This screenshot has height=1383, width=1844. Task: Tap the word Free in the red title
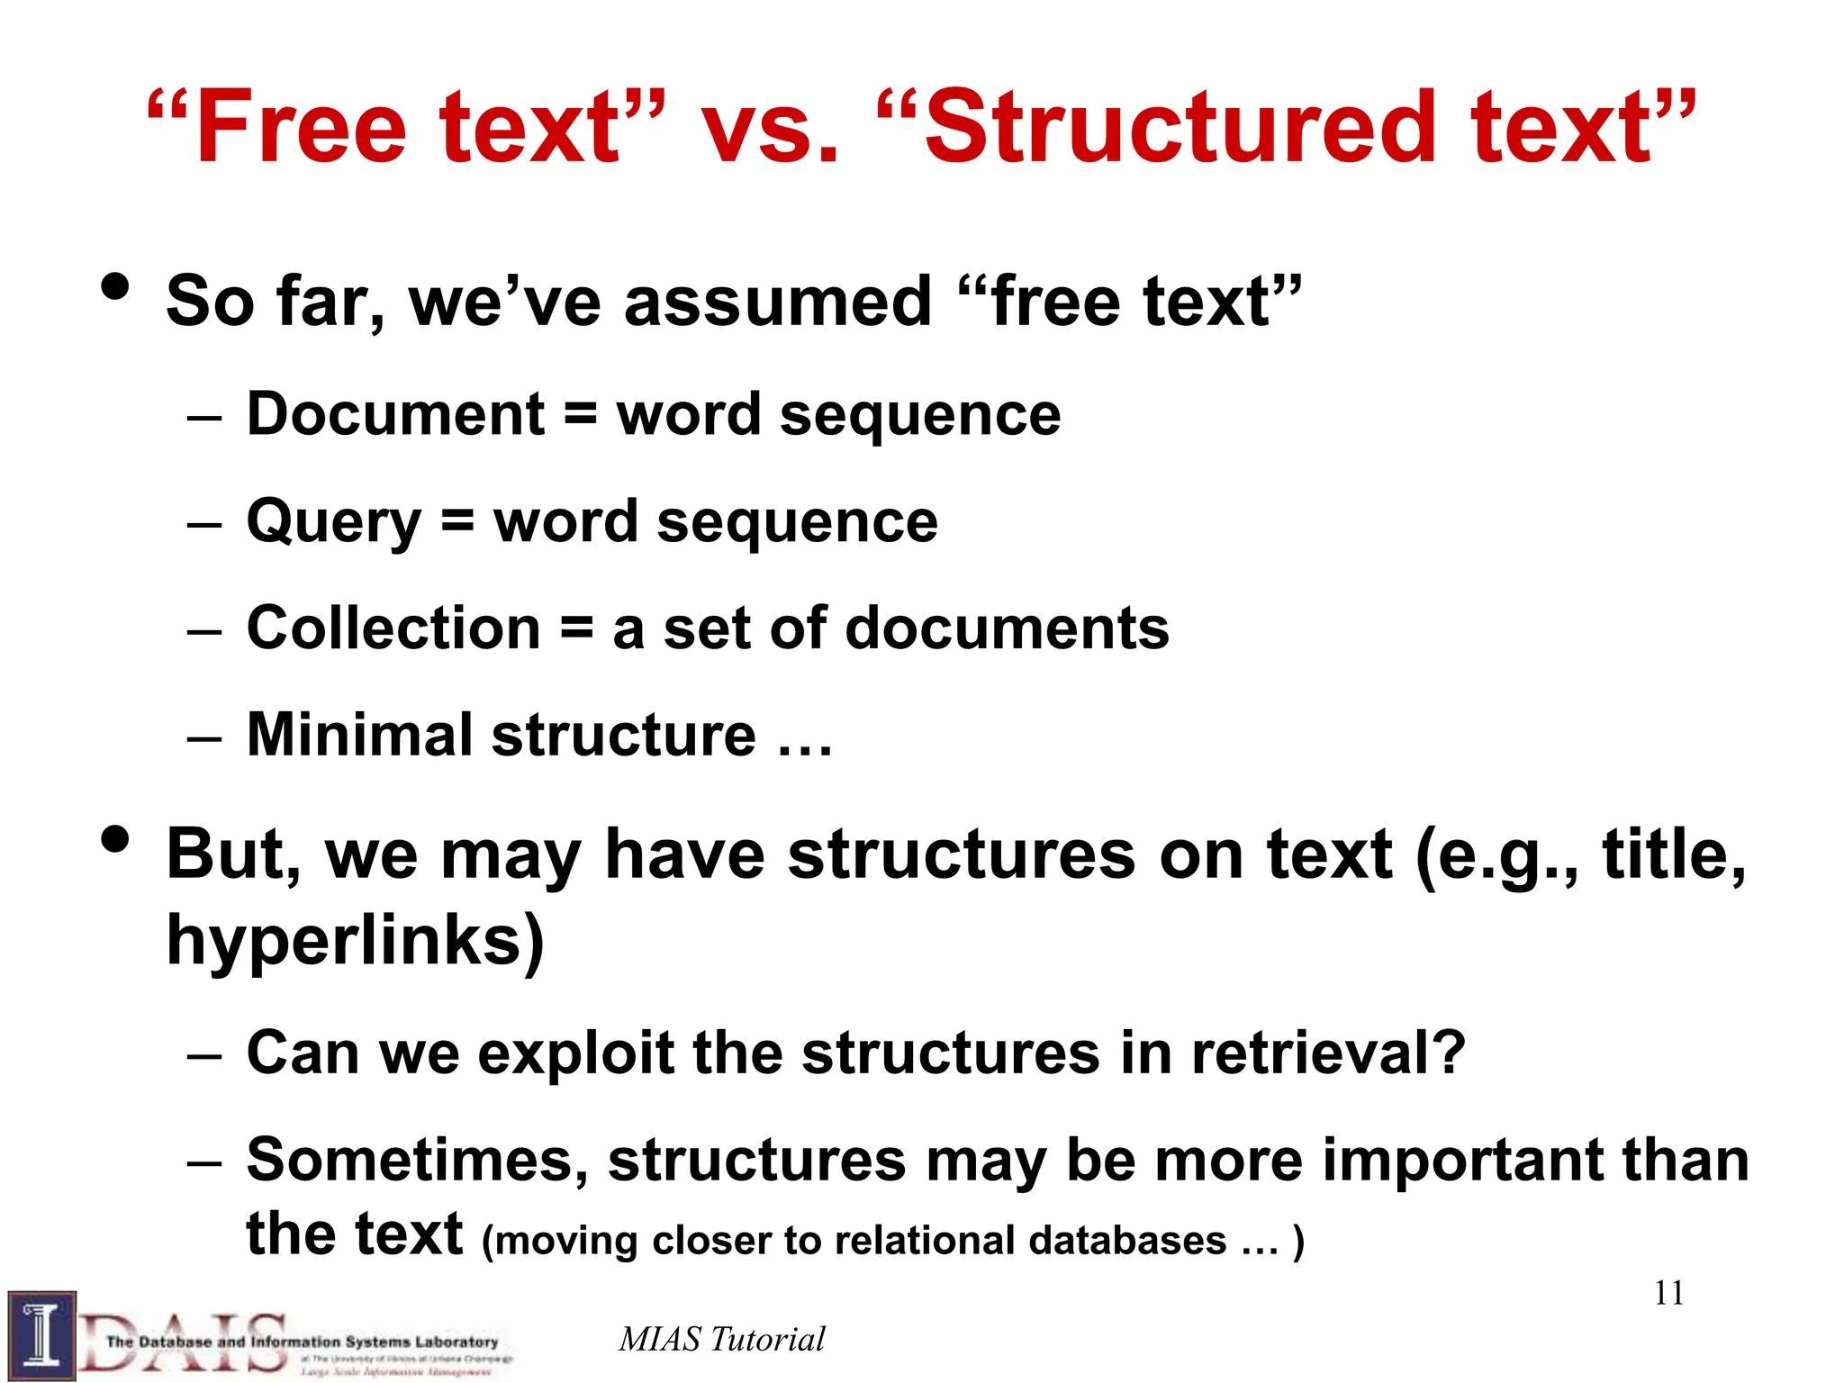pos(301,127)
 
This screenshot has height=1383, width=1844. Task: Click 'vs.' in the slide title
pos(770,127)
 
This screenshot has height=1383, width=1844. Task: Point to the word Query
pos(333,522)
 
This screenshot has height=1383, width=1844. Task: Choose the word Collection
pos(393,628)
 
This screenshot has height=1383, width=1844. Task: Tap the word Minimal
pos(358,735)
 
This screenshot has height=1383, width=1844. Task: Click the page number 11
pos(1668,1294)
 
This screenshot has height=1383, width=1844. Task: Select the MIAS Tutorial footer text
pos(721,1339)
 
